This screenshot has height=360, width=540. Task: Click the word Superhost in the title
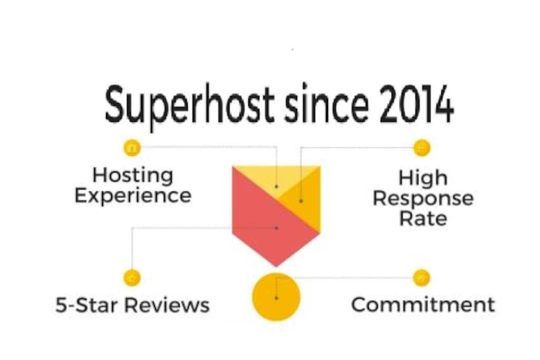[x=189, y=105]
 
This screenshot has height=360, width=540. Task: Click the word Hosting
[x=133, y=176]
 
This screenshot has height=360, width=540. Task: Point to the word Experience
[x=133, y=196]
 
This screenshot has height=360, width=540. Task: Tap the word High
[x=423, y=178]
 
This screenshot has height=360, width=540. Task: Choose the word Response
[x=423, y=199]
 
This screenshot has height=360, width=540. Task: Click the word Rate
[x=423, y=219]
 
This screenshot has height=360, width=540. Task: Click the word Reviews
[x=167, y=305]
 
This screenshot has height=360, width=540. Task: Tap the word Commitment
[x=423, y=305]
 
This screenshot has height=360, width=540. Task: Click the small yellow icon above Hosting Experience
[x=132, y=148]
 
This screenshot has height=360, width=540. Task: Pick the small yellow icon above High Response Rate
[x=422, y=148]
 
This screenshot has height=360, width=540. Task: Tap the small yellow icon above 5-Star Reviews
[x=132, y=278]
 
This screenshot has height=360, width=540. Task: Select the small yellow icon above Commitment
[x=421, y=278]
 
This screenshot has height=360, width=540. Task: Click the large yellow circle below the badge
[x=276, y=297]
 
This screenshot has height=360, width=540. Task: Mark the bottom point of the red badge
[x=276, y=266]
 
